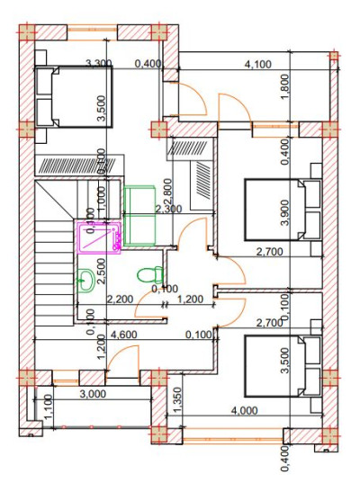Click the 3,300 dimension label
point(98,64)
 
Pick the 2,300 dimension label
point(168,209)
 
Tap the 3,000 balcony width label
point(92,394)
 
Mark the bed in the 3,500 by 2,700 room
point(283,365)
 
